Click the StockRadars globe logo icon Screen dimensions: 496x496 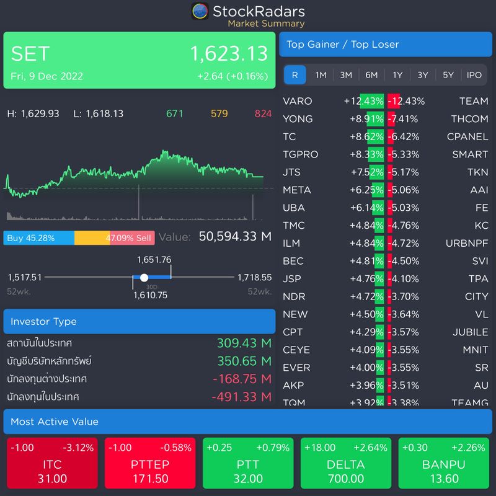pyautogui.click(x=200, y=11)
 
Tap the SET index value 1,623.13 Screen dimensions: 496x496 pyautogui.click(x=229, y=54)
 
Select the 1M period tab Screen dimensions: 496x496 pyautogui.click(x=321, y=75)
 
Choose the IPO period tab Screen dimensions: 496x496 pyautogui.click(x=474, y=75)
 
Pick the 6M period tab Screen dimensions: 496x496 pyautogui.click(x=371, y=75)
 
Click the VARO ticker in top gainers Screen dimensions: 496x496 pyautogui.click(x=298, y=101)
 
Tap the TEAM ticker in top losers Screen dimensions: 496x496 pyautogui.click(x=474, y=101)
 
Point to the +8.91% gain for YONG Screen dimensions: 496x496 pyautogui.click(x=367, y=119)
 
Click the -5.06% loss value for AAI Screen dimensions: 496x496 pyautogui.click(x=403, y=190)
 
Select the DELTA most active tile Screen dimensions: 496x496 pyautogui.click(x=346, y=464)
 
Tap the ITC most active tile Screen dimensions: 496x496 pyautogui.click(x=52, y=464)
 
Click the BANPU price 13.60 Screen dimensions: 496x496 pyautogui.click(x=444, y=479)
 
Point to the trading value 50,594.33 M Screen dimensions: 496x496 pyautogui.click(x=235, y=236)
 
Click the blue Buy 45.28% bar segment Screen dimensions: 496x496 pyautogui.click(x=38, y=238)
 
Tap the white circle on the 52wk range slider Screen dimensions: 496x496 pyautogui.click(x=144, y=278)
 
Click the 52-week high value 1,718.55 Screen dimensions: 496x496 pyautogui.click(x=254, y=278)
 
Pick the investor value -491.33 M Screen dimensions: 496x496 pyautogui.click(x=241, y=396)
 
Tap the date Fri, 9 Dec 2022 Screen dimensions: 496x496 pyautogui.click(x=46, y=76)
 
